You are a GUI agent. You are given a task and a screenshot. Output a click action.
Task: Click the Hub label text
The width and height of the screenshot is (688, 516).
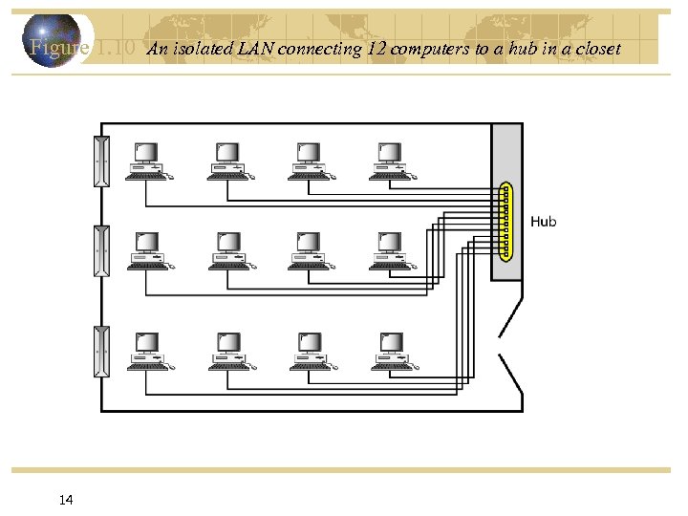pyautogui.click(x=543, y=222)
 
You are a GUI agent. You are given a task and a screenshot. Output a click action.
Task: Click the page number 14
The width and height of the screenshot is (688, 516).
pyautogui.click(x=66, y=500)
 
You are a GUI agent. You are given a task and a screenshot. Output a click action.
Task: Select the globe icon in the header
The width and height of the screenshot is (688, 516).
pyautogui.click(x=52, y=41)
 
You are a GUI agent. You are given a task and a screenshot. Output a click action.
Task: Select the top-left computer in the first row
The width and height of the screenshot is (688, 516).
pyautogui.click(x=147, y=161)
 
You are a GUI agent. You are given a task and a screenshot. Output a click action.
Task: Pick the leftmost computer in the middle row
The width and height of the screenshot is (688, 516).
pyautogui.click(x=147, y=250)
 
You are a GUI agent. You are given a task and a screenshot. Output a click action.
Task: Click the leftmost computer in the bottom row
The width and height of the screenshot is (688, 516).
pyautogui.click(x=147, y=351)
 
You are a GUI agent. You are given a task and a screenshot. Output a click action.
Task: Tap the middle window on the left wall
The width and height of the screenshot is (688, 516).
pyautogui.click(x=101, y=251)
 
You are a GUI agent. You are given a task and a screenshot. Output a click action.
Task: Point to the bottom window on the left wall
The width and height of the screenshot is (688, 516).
pyautogui.click(x=101, y=351)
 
